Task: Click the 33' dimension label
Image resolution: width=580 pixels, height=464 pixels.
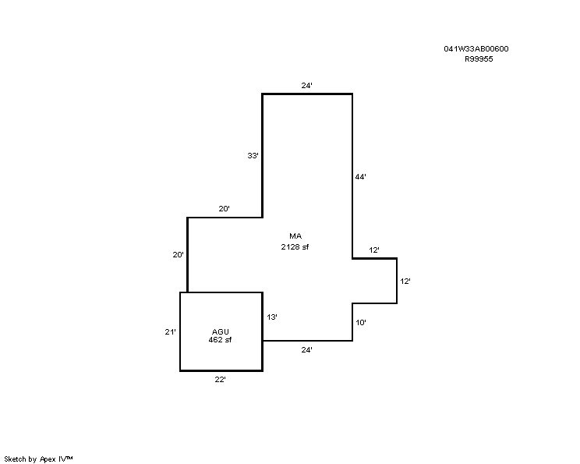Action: click(253, 156)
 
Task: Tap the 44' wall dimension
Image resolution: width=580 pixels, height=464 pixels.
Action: click(361, 177)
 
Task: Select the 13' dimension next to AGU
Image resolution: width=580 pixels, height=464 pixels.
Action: click(272, 317)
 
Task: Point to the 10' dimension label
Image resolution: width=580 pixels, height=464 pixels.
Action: click(361, 323)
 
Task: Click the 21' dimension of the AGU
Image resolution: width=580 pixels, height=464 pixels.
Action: click(170, 332)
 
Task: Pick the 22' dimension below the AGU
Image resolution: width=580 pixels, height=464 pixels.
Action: click(220, 380)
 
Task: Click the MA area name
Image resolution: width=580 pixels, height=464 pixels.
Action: click(295, 236)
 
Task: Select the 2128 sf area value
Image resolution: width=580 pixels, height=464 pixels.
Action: click(295, 246)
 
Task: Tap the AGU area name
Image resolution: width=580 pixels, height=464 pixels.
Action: click(220, 331)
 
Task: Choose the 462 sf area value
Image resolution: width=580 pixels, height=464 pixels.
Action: click(220, 340)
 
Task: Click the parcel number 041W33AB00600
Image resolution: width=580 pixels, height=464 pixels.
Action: click(476, 49)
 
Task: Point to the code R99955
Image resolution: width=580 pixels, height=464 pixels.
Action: click(479, 59)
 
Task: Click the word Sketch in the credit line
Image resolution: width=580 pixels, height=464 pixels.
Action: click(15, 459)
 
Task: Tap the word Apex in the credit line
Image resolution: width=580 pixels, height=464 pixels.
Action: click(48, 459)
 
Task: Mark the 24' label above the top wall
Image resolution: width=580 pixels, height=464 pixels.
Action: click(306, 86)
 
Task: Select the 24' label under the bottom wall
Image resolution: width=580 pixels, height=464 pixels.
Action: click(306, 349)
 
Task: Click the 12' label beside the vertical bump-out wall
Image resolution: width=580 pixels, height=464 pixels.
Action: click(405, 282)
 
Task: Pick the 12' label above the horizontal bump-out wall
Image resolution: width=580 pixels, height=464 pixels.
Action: click(374, 250)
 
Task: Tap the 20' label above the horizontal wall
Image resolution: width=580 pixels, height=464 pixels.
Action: click(224, 209)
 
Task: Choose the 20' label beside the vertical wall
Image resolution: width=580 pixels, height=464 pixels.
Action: click(178, 254)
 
